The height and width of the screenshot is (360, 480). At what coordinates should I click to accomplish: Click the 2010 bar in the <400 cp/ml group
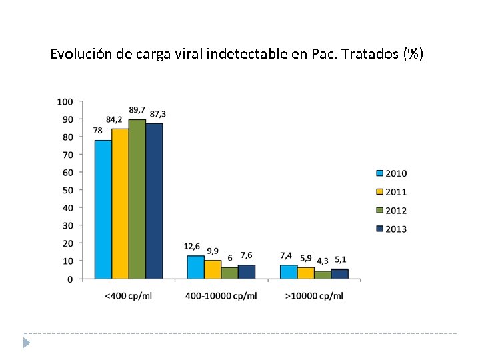point(103,209)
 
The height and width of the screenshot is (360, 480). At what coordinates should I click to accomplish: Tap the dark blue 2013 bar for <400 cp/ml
point(154,201)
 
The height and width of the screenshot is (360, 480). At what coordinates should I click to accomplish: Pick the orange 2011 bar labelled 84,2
point(120,203)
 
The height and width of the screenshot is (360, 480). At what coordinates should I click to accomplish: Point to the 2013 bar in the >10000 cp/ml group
point(340,273)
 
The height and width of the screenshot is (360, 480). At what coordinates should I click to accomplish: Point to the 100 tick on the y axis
point(65,101)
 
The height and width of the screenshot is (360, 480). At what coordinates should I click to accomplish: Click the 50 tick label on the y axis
point(67,190)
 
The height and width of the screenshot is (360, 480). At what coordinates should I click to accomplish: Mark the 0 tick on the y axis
point(70,279)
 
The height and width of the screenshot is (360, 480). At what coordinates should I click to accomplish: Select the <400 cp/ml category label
point(129,295)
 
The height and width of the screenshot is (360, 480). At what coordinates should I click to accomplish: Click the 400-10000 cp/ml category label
point(221,295)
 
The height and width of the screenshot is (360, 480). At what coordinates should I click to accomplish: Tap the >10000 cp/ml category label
point(314,295)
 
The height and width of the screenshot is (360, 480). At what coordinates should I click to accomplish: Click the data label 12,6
point(192,247)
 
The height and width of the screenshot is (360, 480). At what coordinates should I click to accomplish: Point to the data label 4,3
point(323,261)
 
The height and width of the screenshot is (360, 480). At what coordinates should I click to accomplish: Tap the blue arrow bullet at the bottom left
point(26,343)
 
